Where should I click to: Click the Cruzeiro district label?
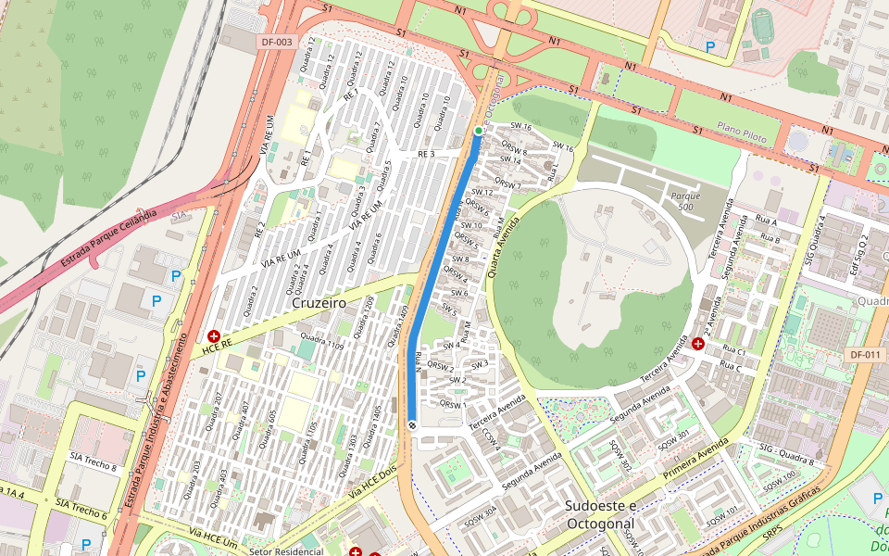[318, 303]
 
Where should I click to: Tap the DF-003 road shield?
[276, 42]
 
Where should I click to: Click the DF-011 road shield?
[865, 355]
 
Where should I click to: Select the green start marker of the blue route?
[478, 131]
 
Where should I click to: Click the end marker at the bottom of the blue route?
[412, 425]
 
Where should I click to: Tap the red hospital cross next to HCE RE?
[214, 335]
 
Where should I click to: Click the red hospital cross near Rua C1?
[697, 343]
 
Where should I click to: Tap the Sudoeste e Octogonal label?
[601, 513]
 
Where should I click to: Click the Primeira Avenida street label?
[697, 458]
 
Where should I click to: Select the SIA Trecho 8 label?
[93, 461]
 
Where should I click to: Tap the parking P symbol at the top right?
[710, 46]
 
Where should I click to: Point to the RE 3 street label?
[426, 154]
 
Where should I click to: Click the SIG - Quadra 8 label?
[786, 453]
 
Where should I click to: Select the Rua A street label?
[767, 223]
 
